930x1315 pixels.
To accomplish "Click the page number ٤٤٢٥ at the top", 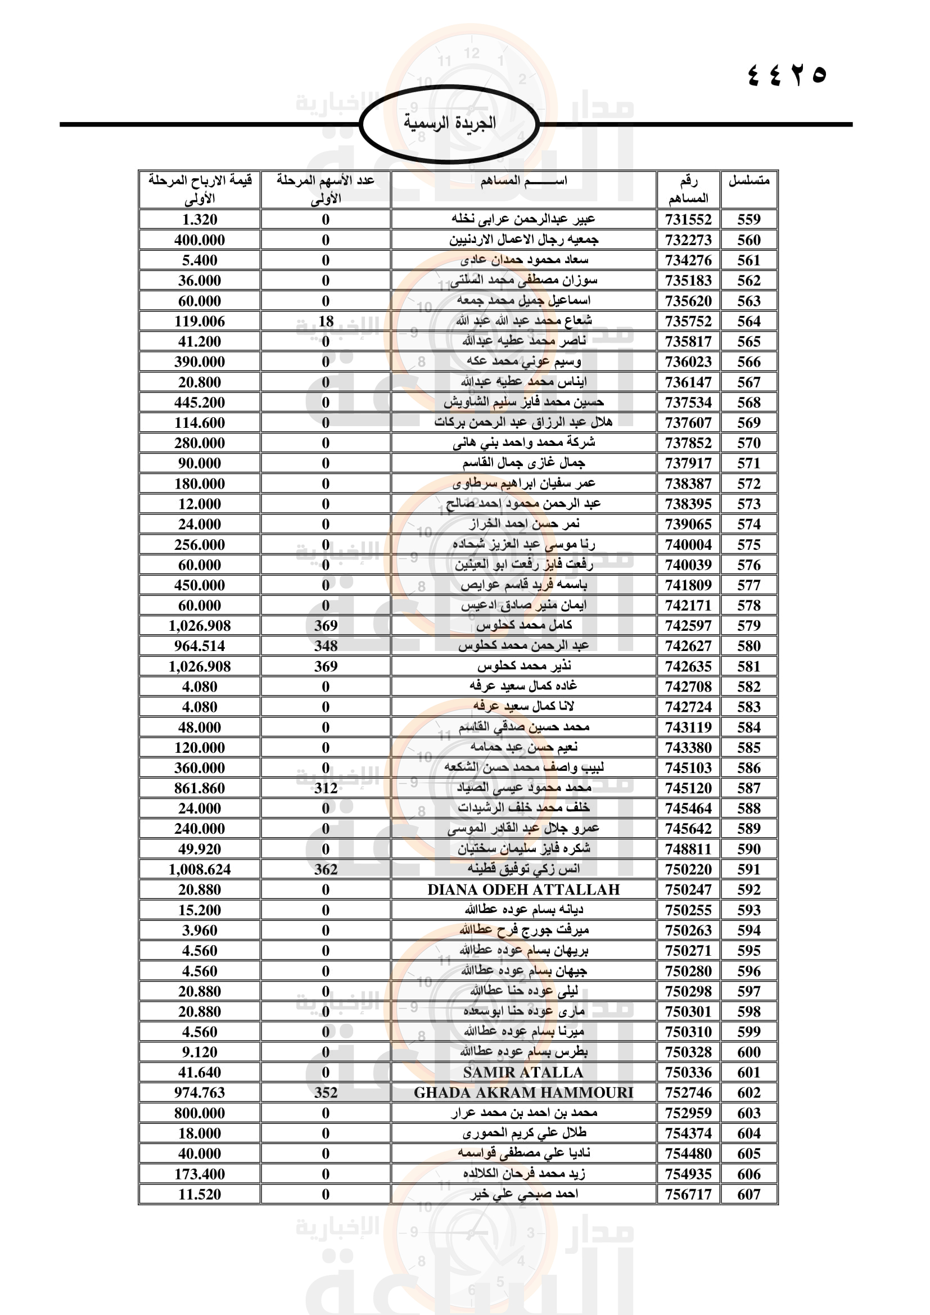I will [x=787, y=74].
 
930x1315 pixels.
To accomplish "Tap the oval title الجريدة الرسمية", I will [x=450, y=123].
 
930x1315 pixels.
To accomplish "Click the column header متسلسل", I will [x=748, y=181].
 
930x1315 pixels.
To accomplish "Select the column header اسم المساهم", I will [x=523, y=181].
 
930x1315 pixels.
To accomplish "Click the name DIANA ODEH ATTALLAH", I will [x=523, y=889].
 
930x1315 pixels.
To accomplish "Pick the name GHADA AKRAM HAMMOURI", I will [x=523, y=1092].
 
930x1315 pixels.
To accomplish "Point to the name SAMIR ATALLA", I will [x=523, y=1072].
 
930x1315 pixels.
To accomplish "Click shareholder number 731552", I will [x=688, y=219].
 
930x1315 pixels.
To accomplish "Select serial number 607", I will [x=748, y=1194].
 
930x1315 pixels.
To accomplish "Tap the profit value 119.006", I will [x=199, y=322].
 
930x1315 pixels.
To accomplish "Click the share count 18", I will [x=326, y=322].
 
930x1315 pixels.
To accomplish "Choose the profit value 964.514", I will [x=199, y=646].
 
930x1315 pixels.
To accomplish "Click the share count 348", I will [x=326, y=646].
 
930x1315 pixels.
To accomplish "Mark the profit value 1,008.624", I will [x=199, y=869].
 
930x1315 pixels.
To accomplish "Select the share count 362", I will [x=326, y=869].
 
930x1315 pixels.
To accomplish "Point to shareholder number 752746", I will [x=688, y=1092].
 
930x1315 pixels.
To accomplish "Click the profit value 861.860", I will [x=199, y=788].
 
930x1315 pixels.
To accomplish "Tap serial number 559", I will [x=748, y=219].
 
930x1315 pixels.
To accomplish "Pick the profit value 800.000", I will [x=199, y=1113].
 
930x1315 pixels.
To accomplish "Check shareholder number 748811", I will [x=688, y=849].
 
